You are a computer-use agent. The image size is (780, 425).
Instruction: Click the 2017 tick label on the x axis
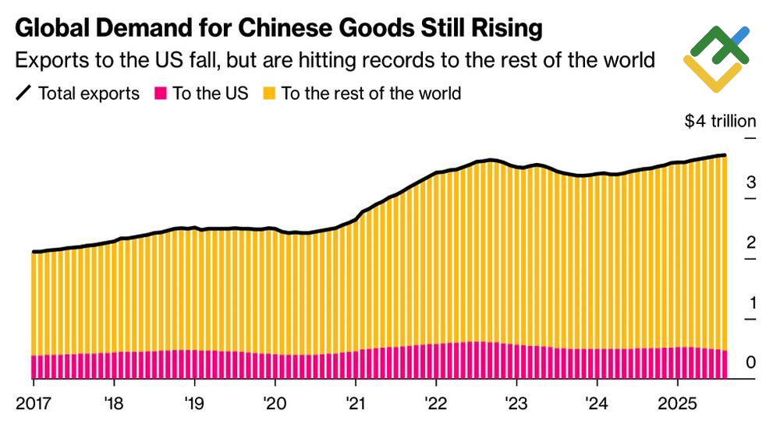34,405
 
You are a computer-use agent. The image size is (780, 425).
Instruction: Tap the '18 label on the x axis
115,405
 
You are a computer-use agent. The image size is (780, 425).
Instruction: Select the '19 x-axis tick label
194,405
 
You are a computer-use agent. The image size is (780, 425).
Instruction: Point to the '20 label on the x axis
275,405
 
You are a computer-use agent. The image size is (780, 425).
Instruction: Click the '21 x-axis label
355,405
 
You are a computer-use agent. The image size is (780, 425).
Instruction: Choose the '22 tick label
435,405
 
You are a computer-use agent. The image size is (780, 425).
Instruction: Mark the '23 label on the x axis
516,405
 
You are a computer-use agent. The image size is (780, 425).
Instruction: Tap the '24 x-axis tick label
596,405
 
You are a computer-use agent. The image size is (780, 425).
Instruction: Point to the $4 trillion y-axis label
720,121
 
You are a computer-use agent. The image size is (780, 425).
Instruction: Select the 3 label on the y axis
750,182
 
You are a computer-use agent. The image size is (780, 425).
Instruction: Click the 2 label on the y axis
750,243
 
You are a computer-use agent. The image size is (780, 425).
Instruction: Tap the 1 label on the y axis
750,303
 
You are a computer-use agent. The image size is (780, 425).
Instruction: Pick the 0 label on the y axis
750,363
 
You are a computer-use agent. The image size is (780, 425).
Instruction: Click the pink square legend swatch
161,94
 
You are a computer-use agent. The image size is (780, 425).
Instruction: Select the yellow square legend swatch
269,94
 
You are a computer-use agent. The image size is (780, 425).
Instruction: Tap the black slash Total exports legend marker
23,94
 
